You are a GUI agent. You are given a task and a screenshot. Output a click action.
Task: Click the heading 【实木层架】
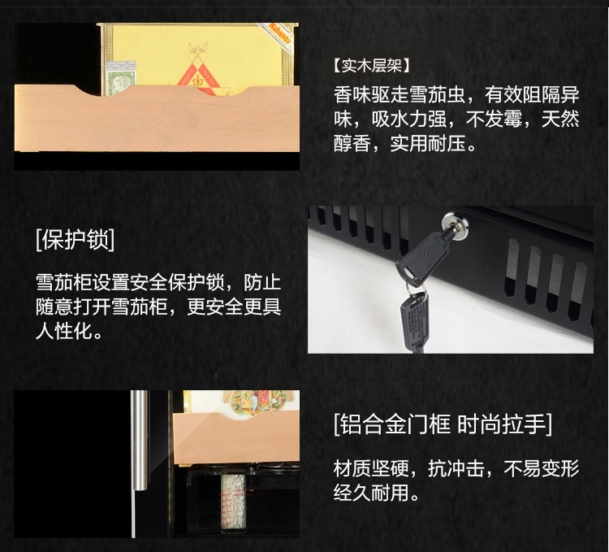[371, 65]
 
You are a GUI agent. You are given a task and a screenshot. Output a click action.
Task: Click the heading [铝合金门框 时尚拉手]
[443, 424]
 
